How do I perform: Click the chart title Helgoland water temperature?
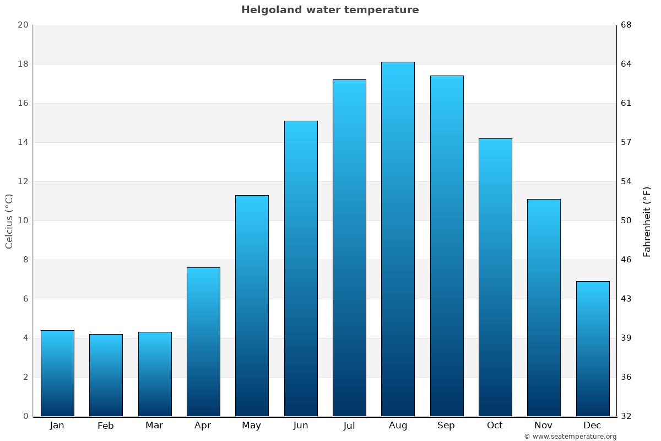tap(330, 10)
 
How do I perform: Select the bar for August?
tap(398, 239)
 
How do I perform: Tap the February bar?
tap(106, 375)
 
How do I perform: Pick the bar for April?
tap(203, 342)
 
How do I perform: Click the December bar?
tap(593, 348)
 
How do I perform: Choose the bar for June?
tap(301, 268)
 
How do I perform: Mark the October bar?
tap(495, 277)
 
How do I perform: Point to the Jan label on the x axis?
tap(57, 426)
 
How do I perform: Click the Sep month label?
tap(446, 426)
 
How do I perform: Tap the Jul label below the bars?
tap(349, 426)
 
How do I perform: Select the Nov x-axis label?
tap(544, 426)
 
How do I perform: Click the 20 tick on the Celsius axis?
tap(23, 25)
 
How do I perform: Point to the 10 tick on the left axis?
tap(23, 220)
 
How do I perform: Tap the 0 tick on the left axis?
tap(25, 416)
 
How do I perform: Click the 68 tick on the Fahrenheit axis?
tap(627, 25)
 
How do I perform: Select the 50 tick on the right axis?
tap(627, 220)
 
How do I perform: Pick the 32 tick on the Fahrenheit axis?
tap(627, 416)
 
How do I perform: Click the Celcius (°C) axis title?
tap(9, 221)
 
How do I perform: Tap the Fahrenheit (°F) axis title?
tap(647, 221)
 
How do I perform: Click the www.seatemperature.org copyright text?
tap(570, 437)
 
